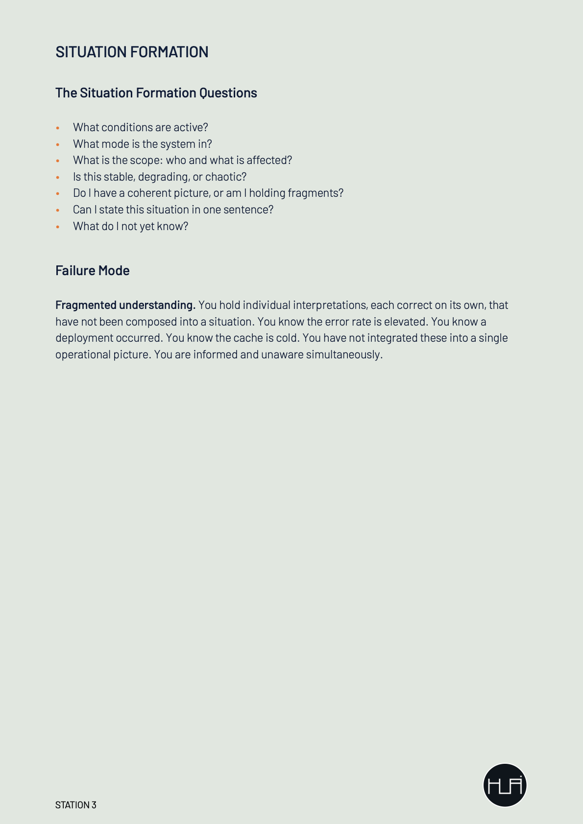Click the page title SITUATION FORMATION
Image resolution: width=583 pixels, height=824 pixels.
click(132, 52)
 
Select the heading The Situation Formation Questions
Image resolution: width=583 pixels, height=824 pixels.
click(156, 93)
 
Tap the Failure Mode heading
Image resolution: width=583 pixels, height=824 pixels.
click(92, 271)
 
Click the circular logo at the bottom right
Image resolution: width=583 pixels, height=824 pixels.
click(505, 785)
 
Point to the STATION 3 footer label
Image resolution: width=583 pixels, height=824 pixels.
click(75, 805)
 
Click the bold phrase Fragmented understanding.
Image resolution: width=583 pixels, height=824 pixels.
click(125, 306)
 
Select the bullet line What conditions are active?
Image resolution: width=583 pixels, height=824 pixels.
click(140, 127)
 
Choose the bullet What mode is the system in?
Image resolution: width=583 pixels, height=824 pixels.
click(142, 144)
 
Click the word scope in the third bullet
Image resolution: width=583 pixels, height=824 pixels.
click(145, 161)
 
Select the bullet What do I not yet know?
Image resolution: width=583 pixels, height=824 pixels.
click(130, 226)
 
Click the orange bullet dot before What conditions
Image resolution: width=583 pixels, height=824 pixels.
click(58, 128)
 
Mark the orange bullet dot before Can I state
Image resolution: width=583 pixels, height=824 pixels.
click(58, 211)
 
